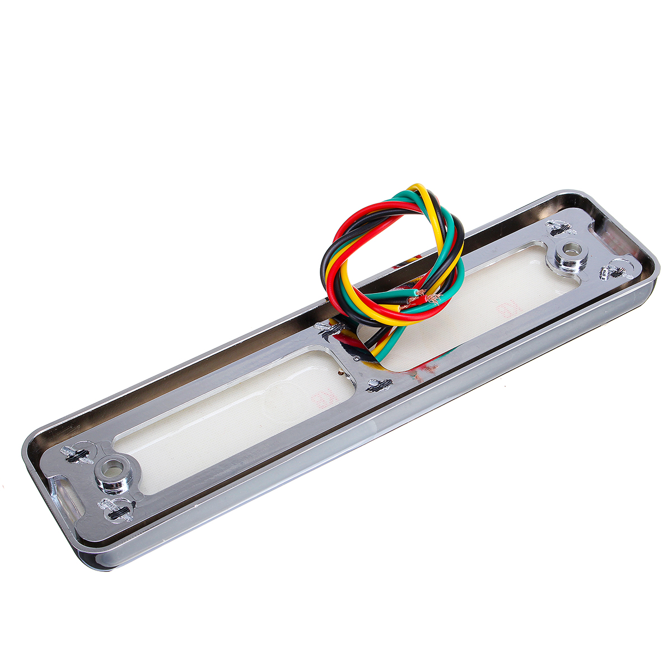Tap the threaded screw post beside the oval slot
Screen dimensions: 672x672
tap(113, 474)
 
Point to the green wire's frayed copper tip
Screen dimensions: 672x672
tap(414, 293)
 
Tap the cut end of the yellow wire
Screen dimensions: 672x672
tap(399, 307)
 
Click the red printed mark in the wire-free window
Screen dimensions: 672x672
tap(323, 399)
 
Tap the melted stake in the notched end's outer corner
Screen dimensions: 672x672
tap(614, 272)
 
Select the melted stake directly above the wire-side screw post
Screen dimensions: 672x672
tap(561, 228)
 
